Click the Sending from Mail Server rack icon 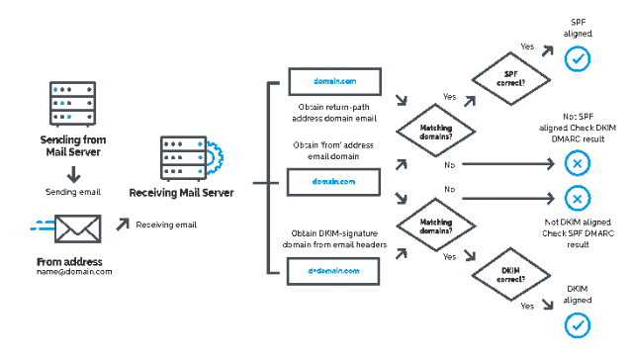pos(68,100)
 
